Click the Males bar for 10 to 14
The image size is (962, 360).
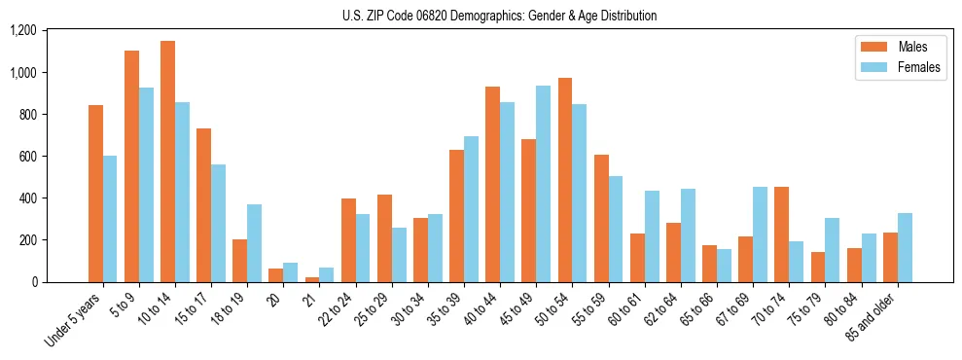(x=167, y=162)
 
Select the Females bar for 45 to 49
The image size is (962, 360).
(x=543, y=184)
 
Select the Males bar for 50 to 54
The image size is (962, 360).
(x=565, y=180)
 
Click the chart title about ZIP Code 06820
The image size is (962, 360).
(x=499, y=16)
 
